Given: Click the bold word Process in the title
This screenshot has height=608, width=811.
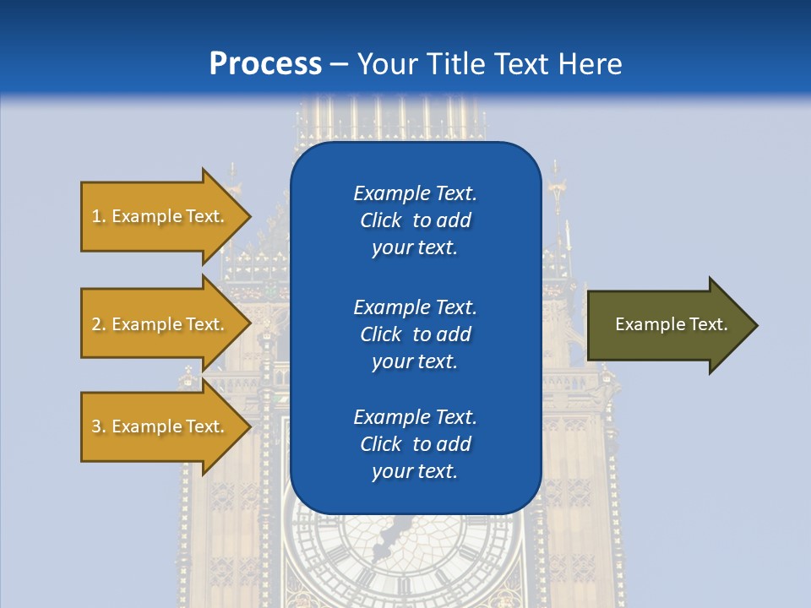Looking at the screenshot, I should [265, 64].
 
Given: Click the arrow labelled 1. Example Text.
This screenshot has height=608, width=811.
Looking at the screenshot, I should [161, 216].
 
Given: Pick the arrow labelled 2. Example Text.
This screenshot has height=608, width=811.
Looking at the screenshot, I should [161, 324].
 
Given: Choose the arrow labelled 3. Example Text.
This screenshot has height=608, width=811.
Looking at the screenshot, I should [161, 426].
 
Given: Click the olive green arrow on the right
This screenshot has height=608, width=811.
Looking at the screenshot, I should [667, 324].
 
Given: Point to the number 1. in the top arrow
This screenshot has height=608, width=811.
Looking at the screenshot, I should [99, 216].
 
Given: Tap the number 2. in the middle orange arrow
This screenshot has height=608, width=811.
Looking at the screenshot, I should [99, 324].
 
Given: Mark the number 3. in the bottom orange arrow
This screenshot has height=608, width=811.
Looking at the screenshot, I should [99, 426].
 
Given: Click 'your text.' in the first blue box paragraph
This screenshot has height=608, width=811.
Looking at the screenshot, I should [415, 248].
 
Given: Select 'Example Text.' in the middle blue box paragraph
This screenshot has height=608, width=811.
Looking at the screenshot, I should [415, 307].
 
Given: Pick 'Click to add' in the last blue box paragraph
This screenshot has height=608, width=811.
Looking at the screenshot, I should [415, 444].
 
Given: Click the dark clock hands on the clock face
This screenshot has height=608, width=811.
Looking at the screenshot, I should [390, 532].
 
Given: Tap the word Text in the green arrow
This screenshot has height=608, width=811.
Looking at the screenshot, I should [708, 324].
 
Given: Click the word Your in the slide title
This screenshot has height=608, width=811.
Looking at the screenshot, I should [385, 64].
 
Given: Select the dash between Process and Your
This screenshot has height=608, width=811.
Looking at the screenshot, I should [339, 64].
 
